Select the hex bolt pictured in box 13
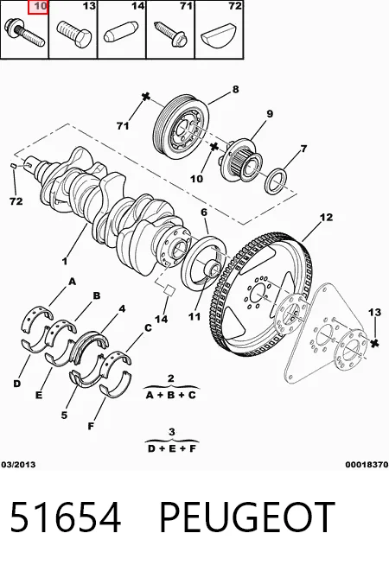click(73, 34)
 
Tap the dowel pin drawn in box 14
click(121, 32)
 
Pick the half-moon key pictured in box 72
click(219, 34)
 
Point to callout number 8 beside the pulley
click(235, 89)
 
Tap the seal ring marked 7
click(277, 181)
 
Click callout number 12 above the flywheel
click(326, 218)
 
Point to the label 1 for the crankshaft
click(65, 261)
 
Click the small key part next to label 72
click(13, 166)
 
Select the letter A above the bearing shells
click(73, 281)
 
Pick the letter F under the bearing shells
click(91, 426)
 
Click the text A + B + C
click(171, 396)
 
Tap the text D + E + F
click(172, 448)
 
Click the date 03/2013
click(18, 465)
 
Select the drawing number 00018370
click(367, 465)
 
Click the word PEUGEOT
click(247, 517)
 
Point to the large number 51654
click(65, 517)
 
